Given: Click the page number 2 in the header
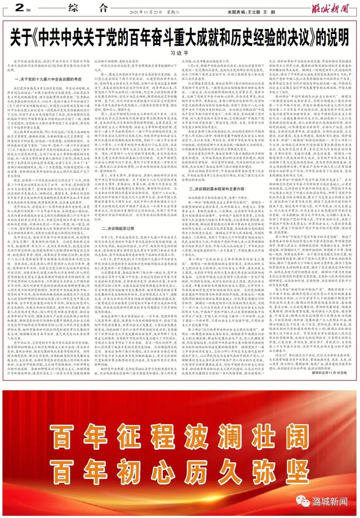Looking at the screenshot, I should click(x=20, y=7).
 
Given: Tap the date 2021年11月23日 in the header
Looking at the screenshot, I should click(x=146, y=12).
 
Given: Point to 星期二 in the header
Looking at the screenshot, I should click(x=173, y=12).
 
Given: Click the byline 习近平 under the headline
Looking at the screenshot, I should click(x=179, y=53).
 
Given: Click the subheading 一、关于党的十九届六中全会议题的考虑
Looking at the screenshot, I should click(x=48, y=79).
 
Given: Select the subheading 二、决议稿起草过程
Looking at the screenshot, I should click(x=118, y=228).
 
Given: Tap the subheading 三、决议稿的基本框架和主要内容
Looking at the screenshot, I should click(x=217, y=189).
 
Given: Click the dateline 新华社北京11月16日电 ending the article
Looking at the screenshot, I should click(x=329, y=373).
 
